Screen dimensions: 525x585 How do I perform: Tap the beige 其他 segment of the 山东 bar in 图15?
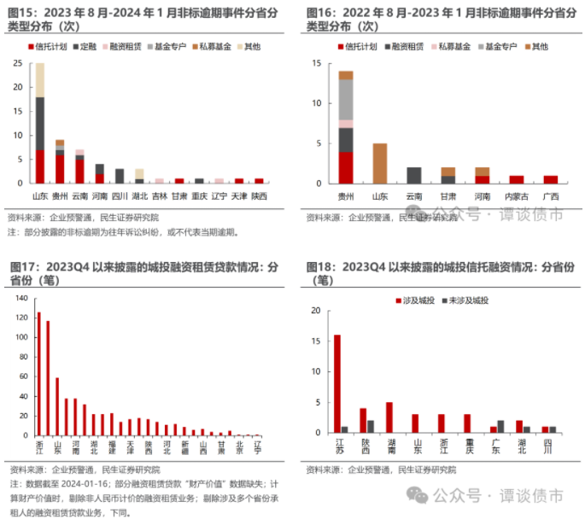(x=39, y=79)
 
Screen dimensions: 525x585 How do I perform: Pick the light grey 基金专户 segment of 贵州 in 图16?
(x=345, y=99)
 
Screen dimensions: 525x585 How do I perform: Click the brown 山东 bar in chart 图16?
(x=380, y=163)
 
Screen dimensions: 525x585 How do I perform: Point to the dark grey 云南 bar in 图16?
(x=414, y=175)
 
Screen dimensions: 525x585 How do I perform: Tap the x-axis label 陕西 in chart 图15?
(x=259, y=195)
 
